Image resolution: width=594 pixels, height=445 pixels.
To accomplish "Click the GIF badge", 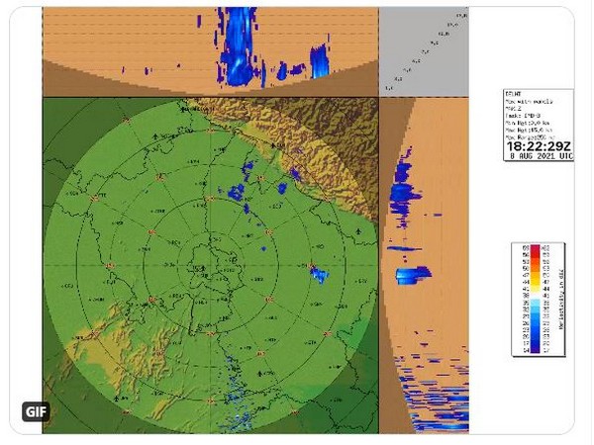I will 36,411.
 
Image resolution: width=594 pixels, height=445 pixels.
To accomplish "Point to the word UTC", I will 553,155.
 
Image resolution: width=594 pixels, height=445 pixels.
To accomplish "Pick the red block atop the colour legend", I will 521,248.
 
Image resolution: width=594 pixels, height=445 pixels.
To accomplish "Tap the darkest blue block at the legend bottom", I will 521,349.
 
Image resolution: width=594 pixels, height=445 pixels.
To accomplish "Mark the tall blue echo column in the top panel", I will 238,44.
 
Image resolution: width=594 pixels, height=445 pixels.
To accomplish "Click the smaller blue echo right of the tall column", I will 319,62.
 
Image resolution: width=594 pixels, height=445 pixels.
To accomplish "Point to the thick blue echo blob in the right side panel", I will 413,275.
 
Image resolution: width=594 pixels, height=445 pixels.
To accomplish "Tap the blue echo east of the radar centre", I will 319,274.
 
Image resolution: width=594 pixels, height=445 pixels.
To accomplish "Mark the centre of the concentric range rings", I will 209,265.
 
